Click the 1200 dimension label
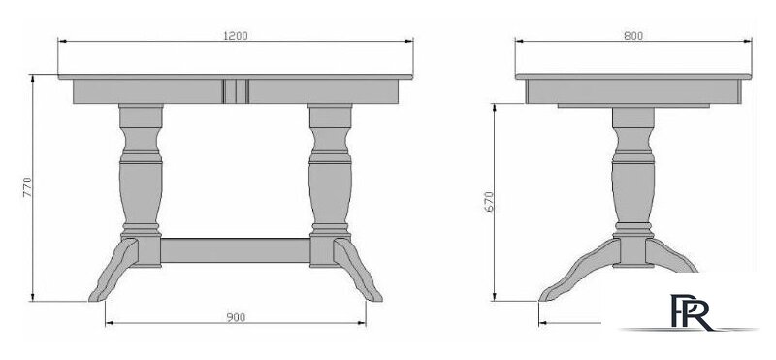point(236,36)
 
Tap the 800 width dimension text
point(633,36)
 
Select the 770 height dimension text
point(27,187)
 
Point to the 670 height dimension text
point(489,202)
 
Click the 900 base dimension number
point(236,317)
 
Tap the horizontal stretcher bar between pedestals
point(236,250)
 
